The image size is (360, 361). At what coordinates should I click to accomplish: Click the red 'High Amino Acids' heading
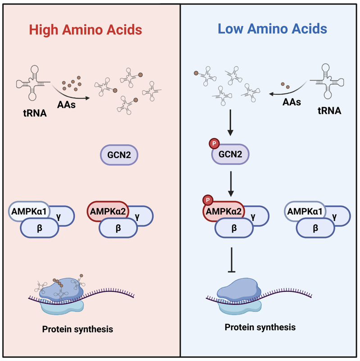tap(86, 30)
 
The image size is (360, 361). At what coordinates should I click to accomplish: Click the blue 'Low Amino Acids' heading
tap(272, 30)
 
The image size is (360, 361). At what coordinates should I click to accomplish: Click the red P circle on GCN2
tap(213, 144)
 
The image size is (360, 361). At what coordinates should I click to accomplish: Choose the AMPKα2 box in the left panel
tap(107, 210)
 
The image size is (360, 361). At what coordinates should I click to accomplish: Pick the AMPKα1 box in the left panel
tap(29, 210)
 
